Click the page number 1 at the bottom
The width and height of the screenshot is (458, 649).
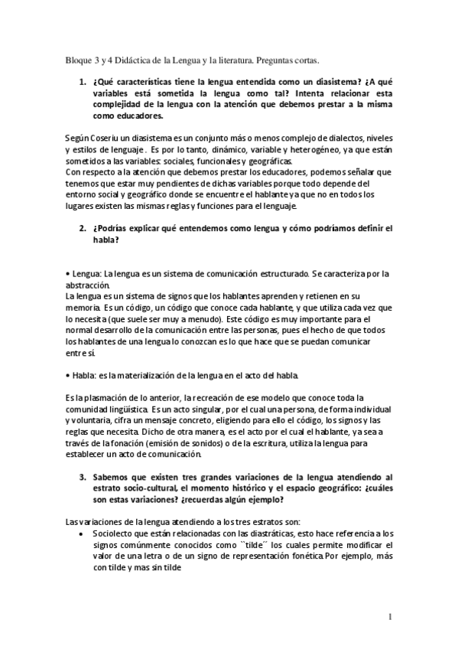(x=390, y=617)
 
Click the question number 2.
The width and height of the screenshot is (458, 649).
(x=82, y=229)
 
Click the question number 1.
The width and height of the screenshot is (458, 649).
(x=82, y=82)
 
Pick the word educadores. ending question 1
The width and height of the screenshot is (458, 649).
(x=137, y=117)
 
